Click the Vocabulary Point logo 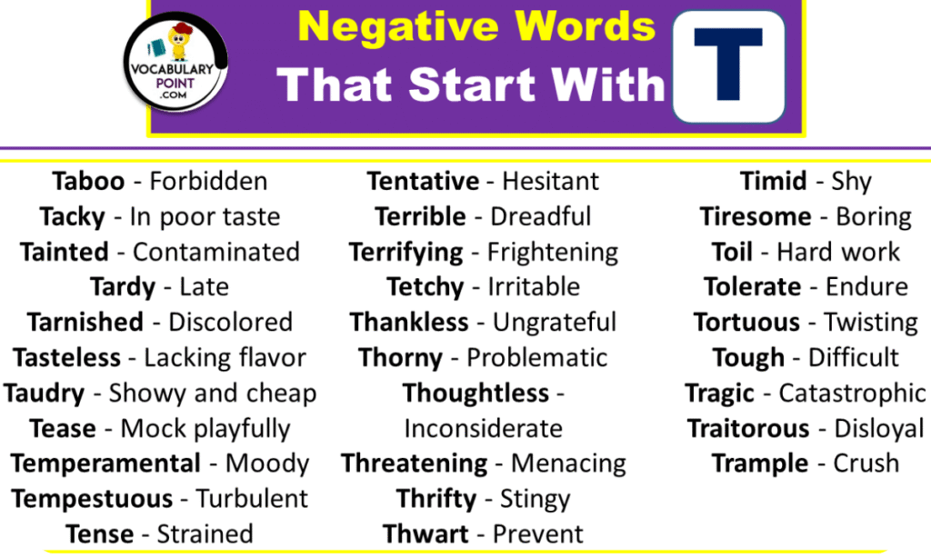coord(175,68)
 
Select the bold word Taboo coord(88,182)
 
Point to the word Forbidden coord(208,182)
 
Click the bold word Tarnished coord(85,323)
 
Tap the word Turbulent coord(252,499)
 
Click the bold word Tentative coord(423,182)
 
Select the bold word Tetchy coord(425,287)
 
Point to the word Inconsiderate coord(483,428)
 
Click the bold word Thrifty coord(436,499)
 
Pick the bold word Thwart coord(425,533)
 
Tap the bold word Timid coord(774,182)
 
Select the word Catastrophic coord(852,394)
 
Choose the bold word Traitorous coord(747,428)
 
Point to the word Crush coord(866,463)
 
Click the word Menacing coord(568,463)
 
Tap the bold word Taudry coord(44,394)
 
